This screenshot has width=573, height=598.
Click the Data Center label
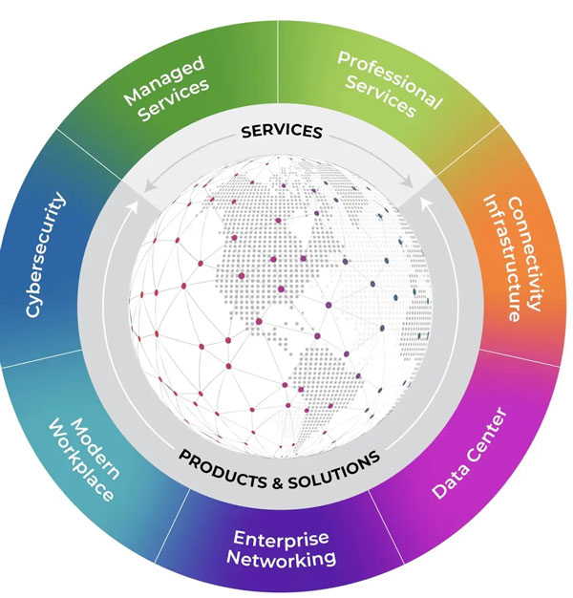click(469, 453)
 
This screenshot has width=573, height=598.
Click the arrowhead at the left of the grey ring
click(134, 203)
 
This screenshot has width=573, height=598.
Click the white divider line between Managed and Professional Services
click(278, 57)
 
